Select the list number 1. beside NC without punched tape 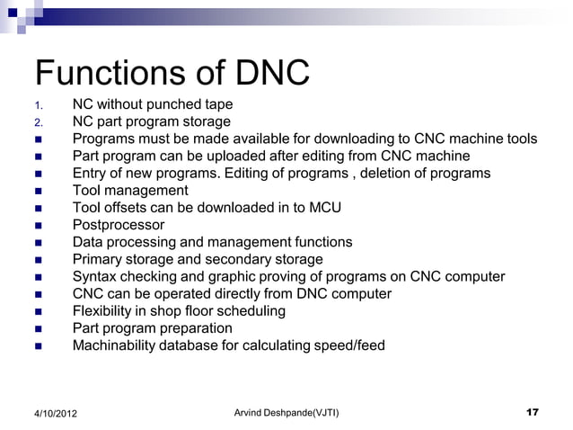(x=38, y=105)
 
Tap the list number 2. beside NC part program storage (x=38, y=122)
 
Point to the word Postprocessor (x=119, y=225)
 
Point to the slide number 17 (x=532, y=412)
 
